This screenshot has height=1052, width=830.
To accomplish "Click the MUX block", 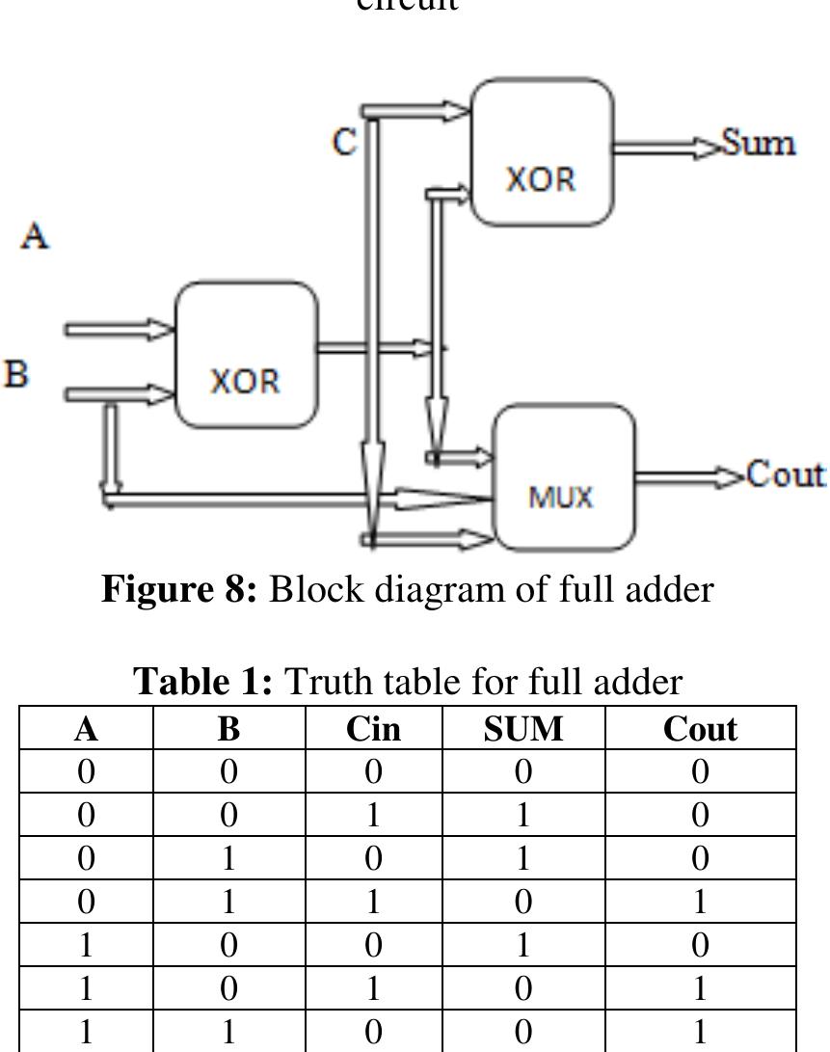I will [x=564, y=476].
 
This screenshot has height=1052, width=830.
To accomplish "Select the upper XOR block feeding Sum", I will [x=541, y=151].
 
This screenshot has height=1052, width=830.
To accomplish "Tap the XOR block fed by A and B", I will [x=246, y=354].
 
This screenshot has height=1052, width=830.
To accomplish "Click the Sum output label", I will [x=759, y=144].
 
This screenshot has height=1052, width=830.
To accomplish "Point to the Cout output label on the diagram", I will [x=786, y=474].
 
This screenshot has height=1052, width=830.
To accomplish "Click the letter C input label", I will [x=344, y=143].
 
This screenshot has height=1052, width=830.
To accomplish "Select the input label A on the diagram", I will [x=36, y=235].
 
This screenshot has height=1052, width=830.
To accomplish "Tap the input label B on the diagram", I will [x=14, y=374].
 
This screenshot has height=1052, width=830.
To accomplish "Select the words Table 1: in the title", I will [x=204, y=683].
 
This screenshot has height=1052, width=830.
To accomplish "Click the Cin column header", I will [x=373, y=729].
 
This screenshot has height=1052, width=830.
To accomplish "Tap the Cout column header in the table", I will [x=700, y=729].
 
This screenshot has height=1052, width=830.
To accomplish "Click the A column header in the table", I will [x=86, y=729].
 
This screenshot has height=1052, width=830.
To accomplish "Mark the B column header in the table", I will [x=228, y=729].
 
